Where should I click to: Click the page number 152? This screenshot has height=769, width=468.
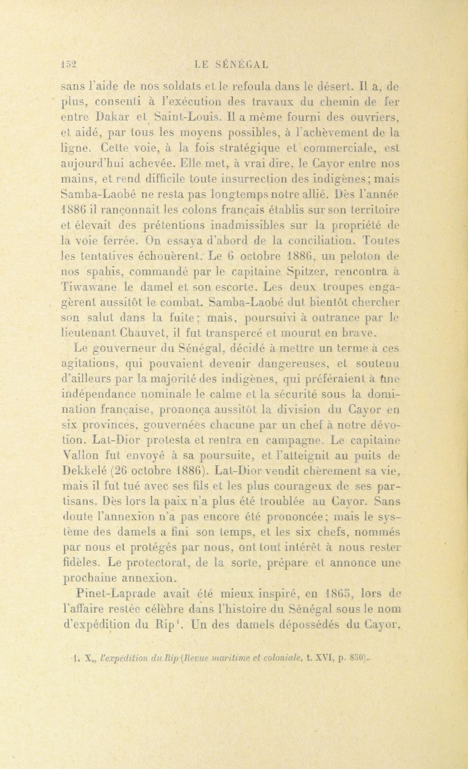coord(68,64)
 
